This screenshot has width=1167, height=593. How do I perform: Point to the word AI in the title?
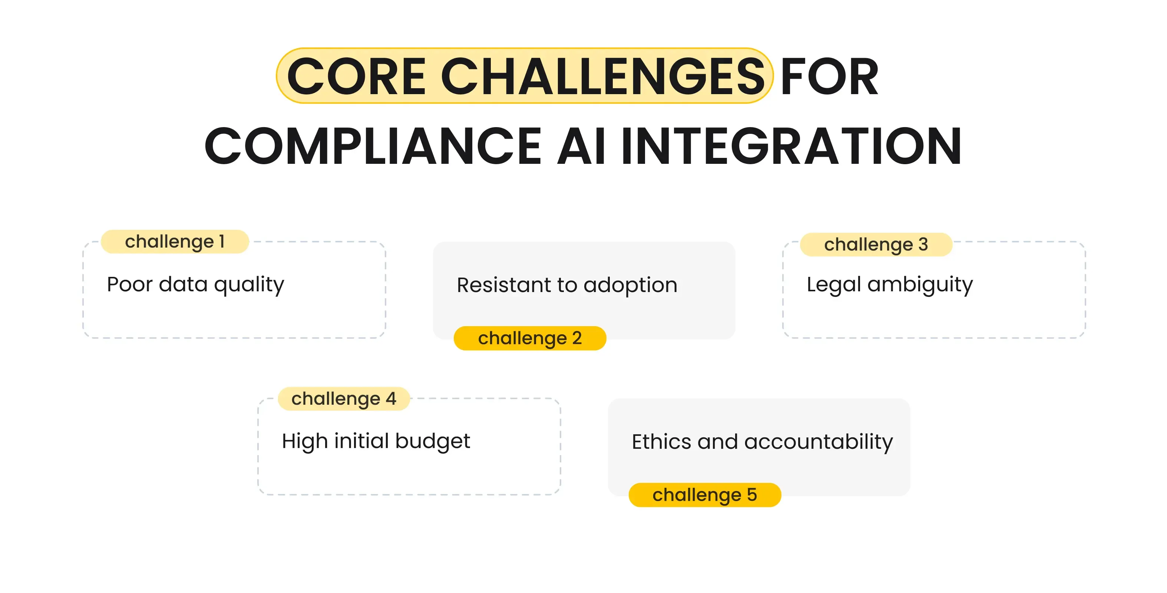581,146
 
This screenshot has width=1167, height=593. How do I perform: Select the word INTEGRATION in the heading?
790,146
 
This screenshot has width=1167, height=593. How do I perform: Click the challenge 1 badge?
175,241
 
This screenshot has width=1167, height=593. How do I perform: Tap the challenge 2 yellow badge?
530,338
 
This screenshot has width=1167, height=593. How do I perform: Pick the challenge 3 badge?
876,244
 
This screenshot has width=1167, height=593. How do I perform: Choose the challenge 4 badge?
344,399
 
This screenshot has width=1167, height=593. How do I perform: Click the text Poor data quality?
195,285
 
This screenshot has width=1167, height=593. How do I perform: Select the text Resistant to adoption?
567,285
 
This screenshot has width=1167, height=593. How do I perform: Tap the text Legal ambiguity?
889,285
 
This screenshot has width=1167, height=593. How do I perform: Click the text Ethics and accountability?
762,442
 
